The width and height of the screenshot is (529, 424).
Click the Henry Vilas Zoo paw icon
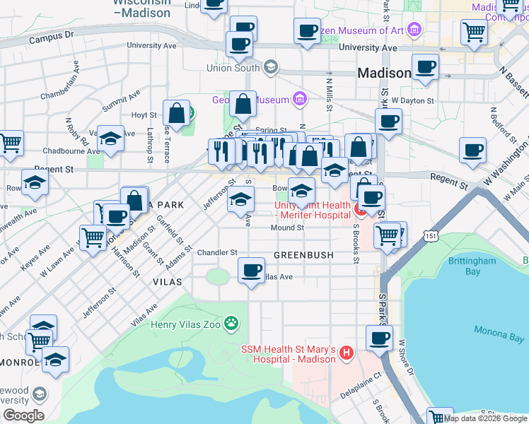pos(231,324)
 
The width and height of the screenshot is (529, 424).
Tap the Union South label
pos(233,68)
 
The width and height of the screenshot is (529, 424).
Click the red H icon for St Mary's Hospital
pos(346,352)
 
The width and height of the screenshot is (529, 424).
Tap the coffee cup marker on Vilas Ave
pos(251,271)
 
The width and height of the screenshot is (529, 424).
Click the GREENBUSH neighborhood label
pos(303,254)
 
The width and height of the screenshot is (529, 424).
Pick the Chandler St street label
pos(217,252)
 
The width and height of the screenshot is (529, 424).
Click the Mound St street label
pos(287,228)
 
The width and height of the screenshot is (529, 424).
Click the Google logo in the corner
pos(23,415)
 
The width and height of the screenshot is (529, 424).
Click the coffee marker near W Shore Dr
pos(379,338)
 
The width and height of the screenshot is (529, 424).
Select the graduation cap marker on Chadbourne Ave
pos(110,139)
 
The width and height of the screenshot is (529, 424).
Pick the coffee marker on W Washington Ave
pos(472,151)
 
